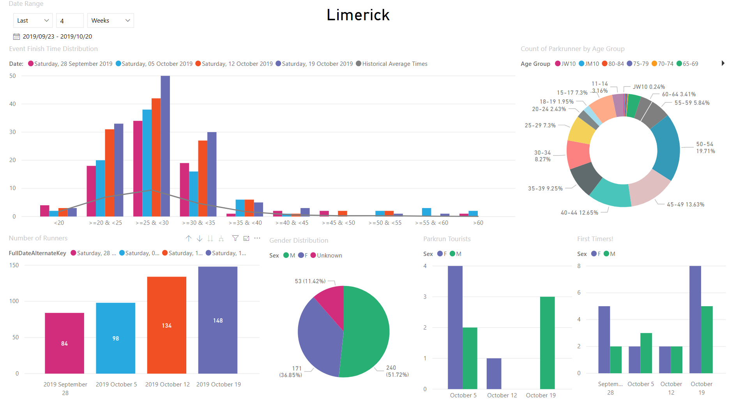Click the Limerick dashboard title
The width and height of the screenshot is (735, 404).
click(358, 15)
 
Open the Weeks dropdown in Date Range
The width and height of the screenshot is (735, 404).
click(110, 21)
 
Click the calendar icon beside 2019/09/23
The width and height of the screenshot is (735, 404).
click(16, 37)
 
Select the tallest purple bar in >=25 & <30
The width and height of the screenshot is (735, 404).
click(165, 146)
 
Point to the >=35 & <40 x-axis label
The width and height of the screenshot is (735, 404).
click(245, 223)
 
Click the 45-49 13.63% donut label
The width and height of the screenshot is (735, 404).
click(685, 205)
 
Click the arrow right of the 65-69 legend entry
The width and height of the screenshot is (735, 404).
click(723, 63)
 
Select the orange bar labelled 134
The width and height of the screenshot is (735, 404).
click(166, 325)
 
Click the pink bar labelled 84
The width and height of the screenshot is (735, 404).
click(64, 343)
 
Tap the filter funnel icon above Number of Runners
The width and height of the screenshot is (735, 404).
click(235, 238)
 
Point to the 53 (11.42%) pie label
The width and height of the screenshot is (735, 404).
click(310, 281)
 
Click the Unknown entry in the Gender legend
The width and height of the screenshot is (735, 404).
click(329, 256)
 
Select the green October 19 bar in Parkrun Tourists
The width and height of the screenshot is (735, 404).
click(547, 343)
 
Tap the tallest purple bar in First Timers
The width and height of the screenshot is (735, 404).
click(695, 319)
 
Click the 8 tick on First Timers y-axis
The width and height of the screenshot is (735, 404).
click(579, 266)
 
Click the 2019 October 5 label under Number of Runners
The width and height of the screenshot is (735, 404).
click(116, 385)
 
